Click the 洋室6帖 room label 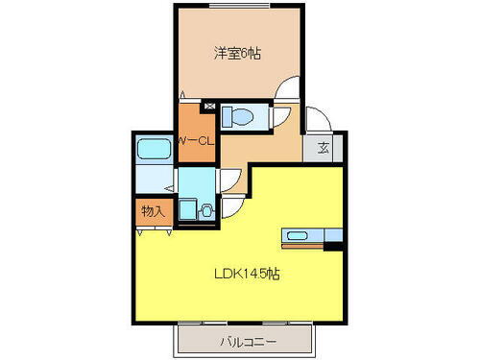click(x=236, y=55)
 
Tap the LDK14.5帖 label click(x=246, y=273)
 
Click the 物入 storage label click(x=152, y=211)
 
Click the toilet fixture click(x=237, y=118)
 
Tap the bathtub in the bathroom click(x=154, y=149)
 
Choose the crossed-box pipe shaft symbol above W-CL click(x=210, y=103)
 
